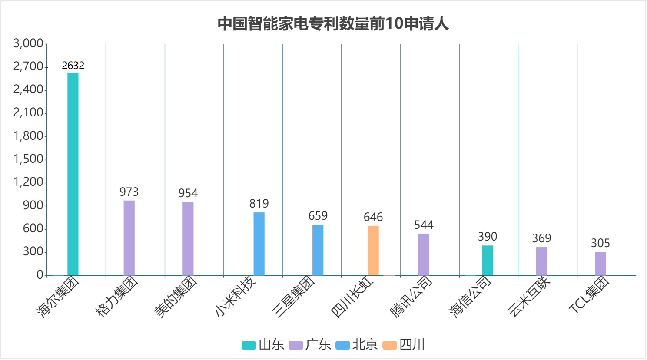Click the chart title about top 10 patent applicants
coord(333,23)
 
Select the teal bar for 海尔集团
coord(73,174)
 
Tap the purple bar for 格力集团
coord(129,238)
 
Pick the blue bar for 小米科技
coord(259,244)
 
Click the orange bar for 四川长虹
coord(373,251)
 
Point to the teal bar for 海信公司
coord(488,261)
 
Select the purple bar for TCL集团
coord(601,264)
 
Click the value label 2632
coord(73,66)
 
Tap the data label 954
coord(188,193)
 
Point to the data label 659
coord(318,216)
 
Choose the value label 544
coord(424,225)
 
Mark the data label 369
coord(541,238)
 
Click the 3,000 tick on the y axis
coord(28,43)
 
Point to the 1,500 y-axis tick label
coord(28,159)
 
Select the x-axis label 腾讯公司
coord(411,297)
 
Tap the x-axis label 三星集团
coord(293,297)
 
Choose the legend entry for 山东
coord(263,345)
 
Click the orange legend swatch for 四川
coord(390,345)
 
